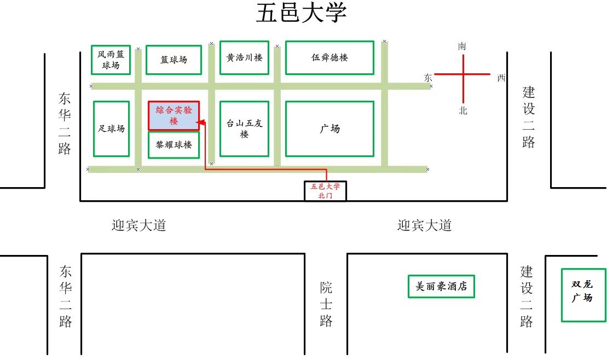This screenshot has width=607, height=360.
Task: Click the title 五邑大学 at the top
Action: pos(301,14)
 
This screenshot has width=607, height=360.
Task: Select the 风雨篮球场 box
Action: pos(111,60)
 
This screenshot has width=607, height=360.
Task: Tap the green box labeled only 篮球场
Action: pos(174,60)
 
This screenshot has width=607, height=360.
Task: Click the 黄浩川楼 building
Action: pos(244,57)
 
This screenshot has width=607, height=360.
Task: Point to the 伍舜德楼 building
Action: pos(329,57)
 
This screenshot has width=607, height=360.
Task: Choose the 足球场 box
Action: pos(112,129)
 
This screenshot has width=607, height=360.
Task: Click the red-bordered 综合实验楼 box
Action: pos(174,115)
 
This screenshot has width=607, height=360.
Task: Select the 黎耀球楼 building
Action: pos(174,145)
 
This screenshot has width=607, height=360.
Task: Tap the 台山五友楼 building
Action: pos(244,129)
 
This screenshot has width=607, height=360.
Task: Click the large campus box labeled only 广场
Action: pos(329,129)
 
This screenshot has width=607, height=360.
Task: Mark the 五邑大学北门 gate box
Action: pos(325,191)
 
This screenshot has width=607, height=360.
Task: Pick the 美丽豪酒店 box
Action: pos(441,286)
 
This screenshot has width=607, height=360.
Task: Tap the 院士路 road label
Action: pos(326,304)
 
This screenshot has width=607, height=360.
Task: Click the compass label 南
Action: pos(463,47)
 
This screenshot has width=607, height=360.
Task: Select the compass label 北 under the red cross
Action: pos(463,111)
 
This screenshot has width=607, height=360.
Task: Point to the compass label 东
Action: pos(428,78)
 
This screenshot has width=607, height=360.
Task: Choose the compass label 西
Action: pos(501,78)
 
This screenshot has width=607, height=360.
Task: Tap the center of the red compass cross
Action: pos(464,74)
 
